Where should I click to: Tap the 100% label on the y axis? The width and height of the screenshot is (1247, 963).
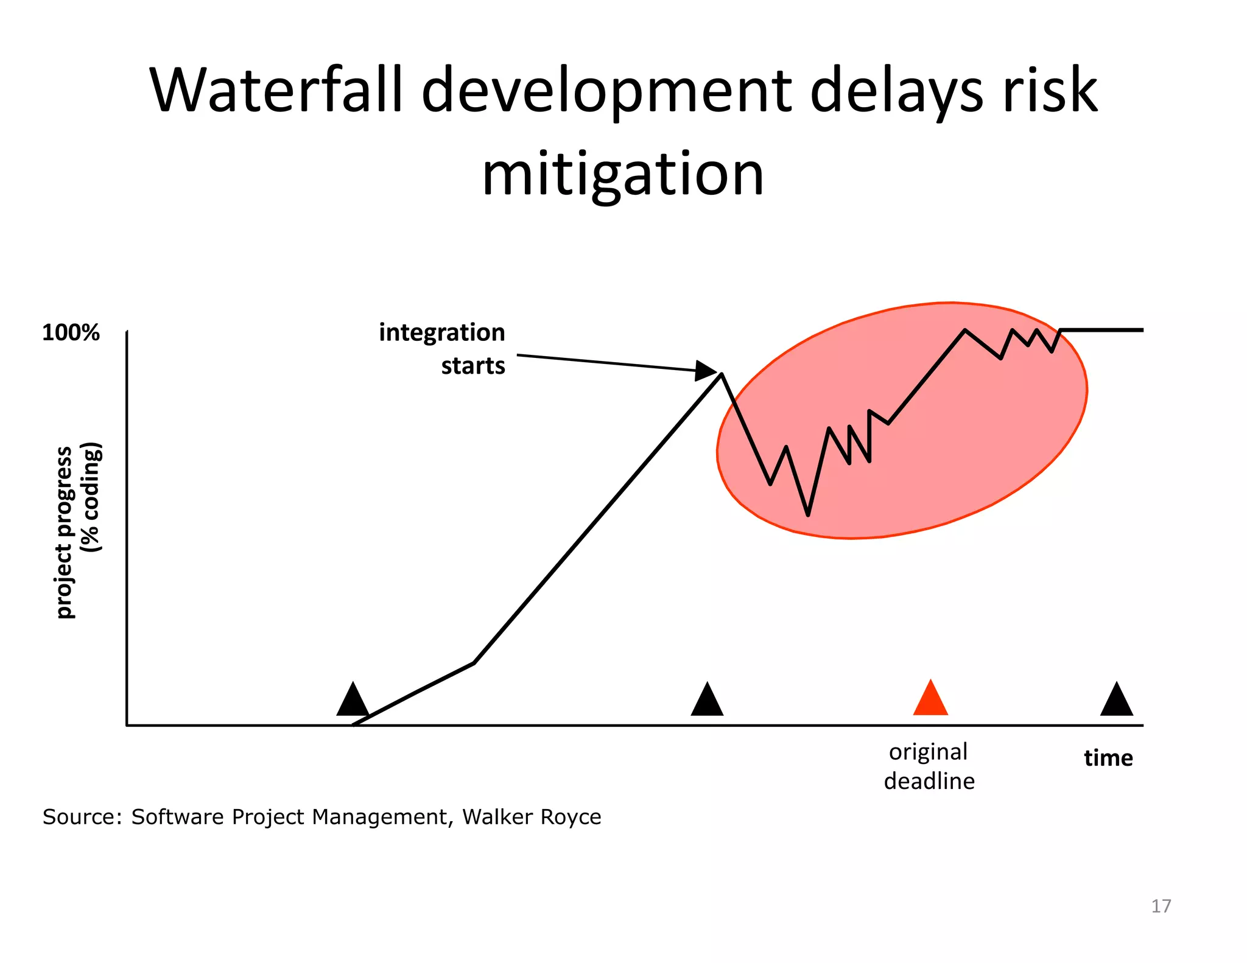coord(71,333)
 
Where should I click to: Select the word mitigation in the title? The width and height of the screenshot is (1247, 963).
coord(622,174)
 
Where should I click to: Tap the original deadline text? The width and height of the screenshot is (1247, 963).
coord(929,766)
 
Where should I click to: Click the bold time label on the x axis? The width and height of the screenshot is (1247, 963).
coord(1108,758)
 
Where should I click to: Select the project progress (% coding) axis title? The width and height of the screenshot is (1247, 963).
coord(78,531)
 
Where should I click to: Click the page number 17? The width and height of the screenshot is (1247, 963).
coord(1161,906)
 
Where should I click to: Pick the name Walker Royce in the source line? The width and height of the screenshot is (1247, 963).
coord(532,817)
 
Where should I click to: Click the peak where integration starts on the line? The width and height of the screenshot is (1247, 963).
coord(722,374)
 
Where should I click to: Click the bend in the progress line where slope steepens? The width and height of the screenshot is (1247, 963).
coord(474,663)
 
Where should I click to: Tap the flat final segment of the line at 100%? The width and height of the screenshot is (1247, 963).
coord(1102,330)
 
